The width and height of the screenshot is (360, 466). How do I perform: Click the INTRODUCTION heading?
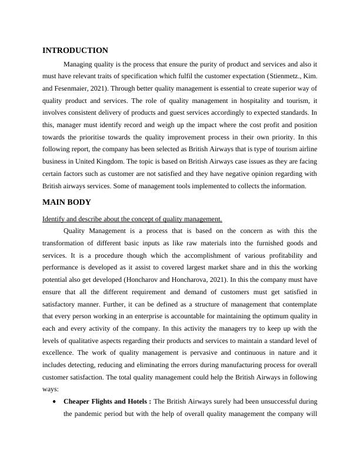tap(75, 51)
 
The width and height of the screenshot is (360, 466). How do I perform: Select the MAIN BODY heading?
tap(66, 202)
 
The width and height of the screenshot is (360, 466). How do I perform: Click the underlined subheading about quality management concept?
tap(132, 219)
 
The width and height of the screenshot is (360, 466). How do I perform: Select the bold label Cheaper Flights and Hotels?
tap(107, 401)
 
